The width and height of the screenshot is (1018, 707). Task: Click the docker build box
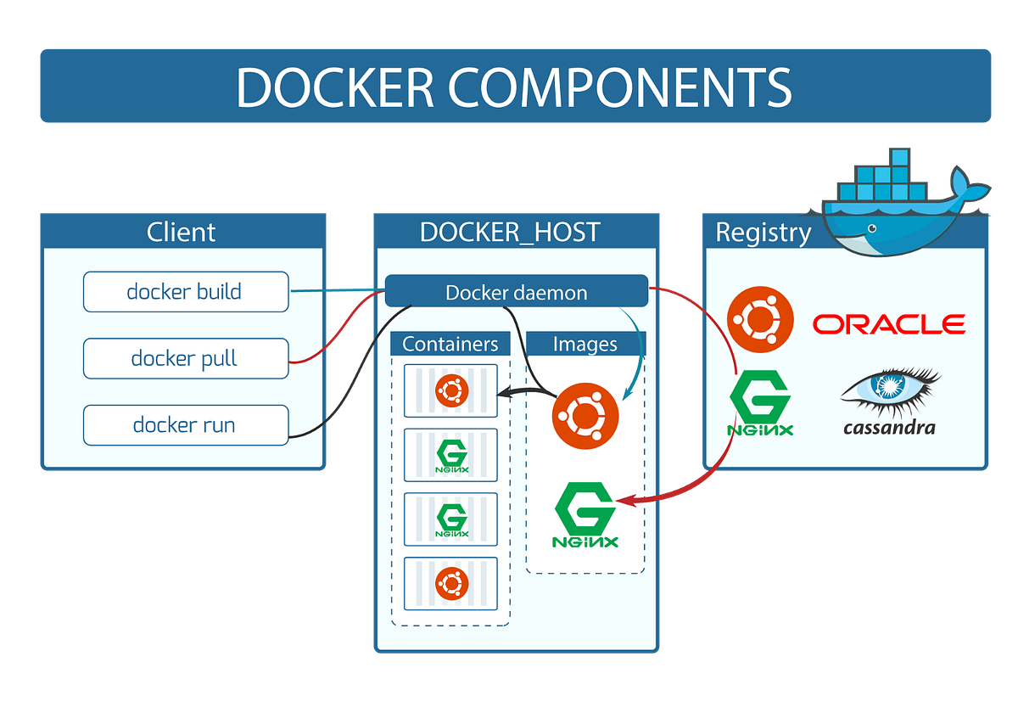tap(185, 292)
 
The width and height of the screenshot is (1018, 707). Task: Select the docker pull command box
tap(185, 358)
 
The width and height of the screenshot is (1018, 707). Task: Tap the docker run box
tap(185, 424)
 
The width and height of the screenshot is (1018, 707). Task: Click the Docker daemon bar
tap(516, 292)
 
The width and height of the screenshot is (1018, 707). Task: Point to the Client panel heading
tap(182, 232)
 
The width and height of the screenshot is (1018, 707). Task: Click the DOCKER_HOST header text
tap(510, 232)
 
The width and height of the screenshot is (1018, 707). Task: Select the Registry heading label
tap(763, 233)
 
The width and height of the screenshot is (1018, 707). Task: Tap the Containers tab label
tap(450, 344)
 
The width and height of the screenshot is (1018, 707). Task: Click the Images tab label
tap(585, 344)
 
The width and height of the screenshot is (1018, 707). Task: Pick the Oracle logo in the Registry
tap(888, 323)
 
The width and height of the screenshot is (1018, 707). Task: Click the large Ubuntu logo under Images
tap(585, 416)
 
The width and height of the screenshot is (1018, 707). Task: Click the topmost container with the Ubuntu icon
tap(450, 391)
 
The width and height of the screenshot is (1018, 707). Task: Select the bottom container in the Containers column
tap(450, 583)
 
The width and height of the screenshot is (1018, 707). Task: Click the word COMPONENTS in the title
tap(621, 87)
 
